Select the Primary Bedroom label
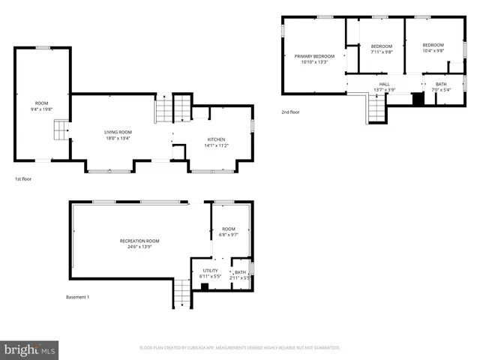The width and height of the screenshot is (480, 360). pos(314,56)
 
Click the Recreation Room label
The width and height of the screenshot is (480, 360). pos(139,241)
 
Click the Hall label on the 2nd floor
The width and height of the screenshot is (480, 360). pos(384,84)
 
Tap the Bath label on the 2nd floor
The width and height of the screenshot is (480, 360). pos(441,84)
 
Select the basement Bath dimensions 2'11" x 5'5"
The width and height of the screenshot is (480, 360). pos(240,277)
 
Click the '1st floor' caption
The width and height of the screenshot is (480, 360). pos(23,179)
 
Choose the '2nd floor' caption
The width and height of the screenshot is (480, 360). pos(290,112)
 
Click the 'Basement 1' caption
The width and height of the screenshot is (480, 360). pos(77,297)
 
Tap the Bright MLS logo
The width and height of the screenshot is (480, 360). pos(29,349)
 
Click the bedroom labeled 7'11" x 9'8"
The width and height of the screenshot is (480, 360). pos(382,49)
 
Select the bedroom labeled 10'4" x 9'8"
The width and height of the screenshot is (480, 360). pos(433,48)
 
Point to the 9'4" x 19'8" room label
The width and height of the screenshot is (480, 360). pos(41,106)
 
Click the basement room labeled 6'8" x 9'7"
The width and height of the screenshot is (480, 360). pos(229,232)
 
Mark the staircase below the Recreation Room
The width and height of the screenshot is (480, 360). pos(183,292)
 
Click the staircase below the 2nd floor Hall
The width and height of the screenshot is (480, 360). pos(375,111)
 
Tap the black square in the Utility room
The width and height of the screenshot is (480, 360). pos(205,286)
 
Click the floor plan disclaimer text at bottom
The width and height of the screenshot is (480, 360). pos(240,347)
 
